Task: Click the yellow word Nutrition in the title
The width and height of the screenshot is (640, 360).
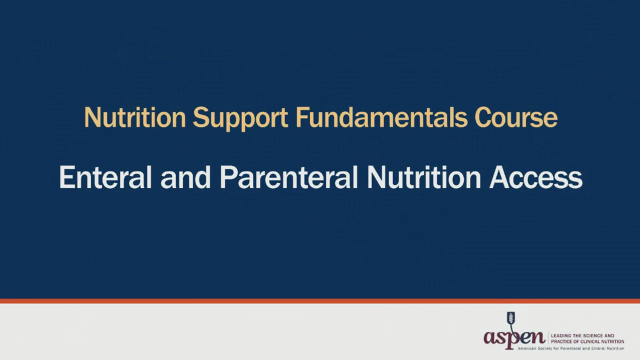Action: tap(134, 118)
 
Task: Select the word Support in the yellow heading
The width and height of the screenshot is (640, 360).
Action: tap(240, 118)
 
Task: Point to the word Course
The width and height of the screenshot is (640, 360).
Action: tap(515, 118)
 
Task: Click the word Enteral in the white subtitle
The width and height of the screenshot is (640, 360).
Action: tap(105, 178)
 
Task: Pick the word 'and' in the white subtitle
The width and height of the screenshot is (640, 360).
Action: tap(185, 178)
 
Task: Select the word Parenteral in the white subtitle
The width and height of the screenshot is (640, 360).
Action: tap(288, 178)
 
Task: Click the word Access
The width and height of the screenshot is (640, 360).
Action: tap(535, 178)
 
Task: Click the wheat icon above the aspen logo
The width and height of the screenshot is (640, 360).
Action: tap(510, 319)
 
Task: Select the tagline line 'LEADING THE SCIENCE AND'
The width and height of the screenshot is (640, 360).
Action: tap(582, 336)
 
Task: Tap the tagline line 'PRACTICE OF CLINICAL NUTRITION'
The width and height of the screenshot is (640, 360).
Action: tap(587, 341)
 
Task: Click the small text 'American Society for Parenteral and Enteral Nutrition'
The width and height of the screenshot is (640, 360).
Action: tap(570, 348)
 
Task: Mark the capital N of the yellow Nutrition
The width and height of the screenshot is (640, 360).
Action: tap(92, 118)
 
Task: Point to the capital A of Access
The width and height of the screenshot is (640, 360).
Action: tap(497, 178)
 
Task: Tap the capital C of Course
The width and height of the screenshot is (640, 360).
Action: tap(483, 118)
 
